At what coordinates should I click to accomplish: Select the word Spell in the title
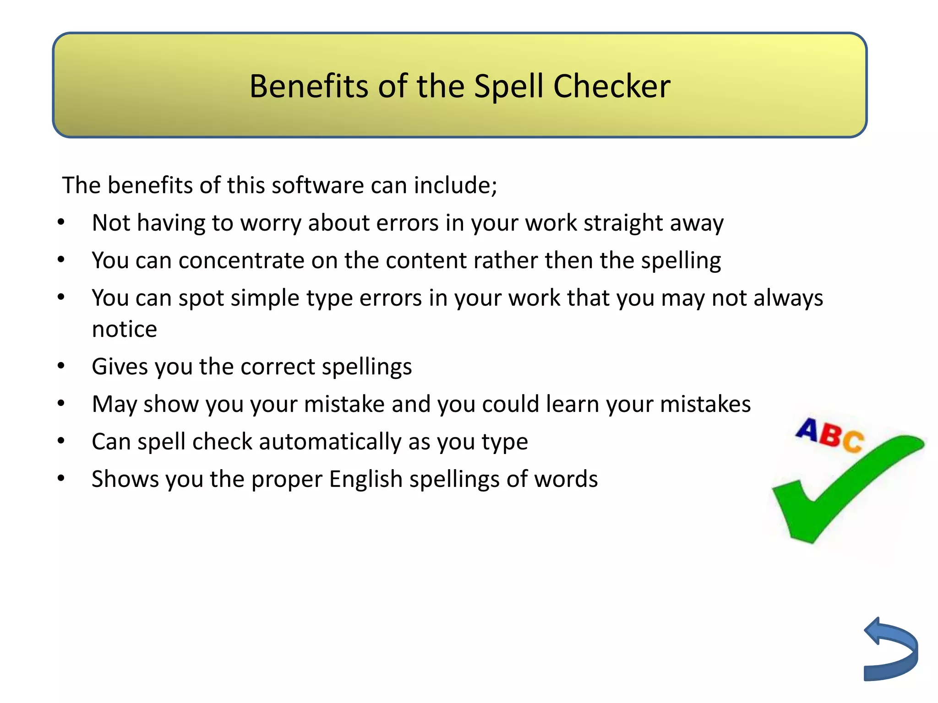tap(508, 87)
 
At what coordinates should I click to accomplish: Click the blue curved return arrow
tap(891, 650)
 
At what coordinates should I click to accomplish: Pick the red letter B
tap(830, 435)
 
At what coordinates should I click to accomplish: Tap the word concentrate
tap(241, 260)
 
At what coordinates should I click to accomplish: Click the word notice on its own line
tap(125, 330)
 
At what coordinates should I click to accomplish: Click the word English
tap(365, 480)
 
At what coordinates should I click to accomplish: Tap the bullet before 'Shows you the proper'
tap(61, 479)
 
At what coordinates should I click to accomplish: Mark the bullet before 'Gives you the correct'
tap(61, 366)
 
